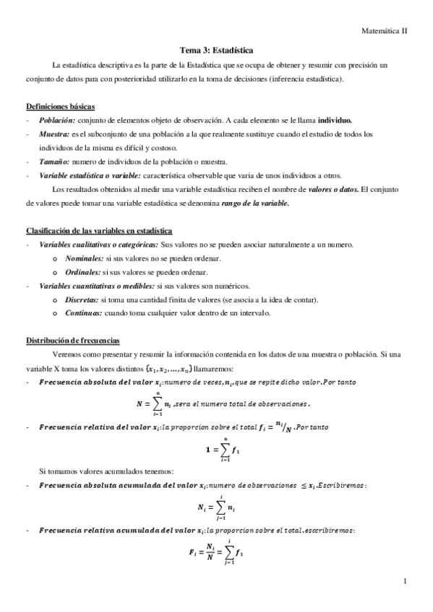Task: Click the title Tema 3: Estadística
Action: (216, 51)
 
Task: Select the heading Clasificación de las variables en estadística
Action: (99, 231)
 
